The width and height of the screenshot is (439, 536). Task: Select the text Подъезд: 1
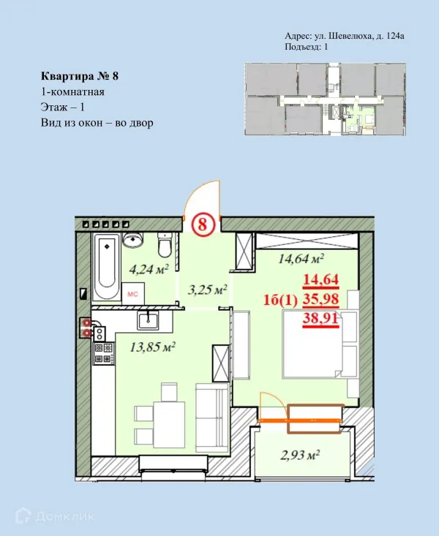pos(306,47)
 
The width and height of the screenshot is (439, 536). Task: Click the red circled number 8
pos(201,225)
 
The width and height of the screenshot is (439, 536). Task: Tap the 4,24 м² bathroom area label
pos(149,269)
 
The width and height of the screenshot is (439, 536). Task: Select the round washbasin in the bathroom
pos(133,241)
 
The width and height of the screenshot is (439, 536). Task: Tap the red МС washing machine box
pos(133,293)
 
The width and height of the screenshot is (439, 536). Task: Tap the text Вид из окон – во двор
pos(97,123)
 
